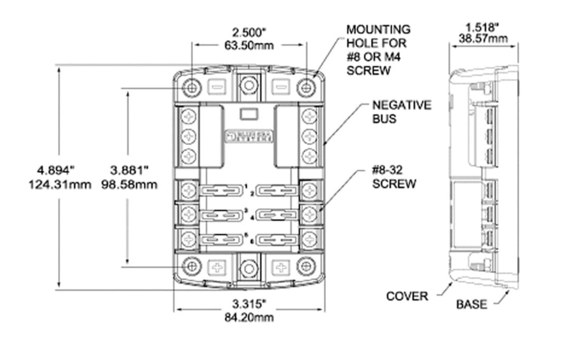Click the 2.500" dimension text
coord(249,32)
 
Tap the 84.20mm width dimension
coord(249,317)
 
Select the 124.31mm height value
coord(60,184)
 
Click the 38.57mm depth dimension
coord(483,39)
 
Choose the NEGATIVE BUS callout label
coord(402,112)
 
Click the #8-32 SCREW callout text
coord(394,177)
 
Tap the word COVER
coord(407,296)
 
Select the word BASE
coord(471,304)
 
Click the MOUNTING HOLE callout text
coord(378,50)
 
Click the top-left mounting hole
coord(191,88)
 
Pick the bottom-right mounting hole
coord(306,267)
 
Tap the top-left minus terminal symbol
coord(216,87)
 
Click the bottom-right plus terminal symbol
coord(281,267)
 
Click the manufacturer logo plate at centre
coord(249,136)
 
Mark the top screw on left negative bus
coord(189,116)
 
